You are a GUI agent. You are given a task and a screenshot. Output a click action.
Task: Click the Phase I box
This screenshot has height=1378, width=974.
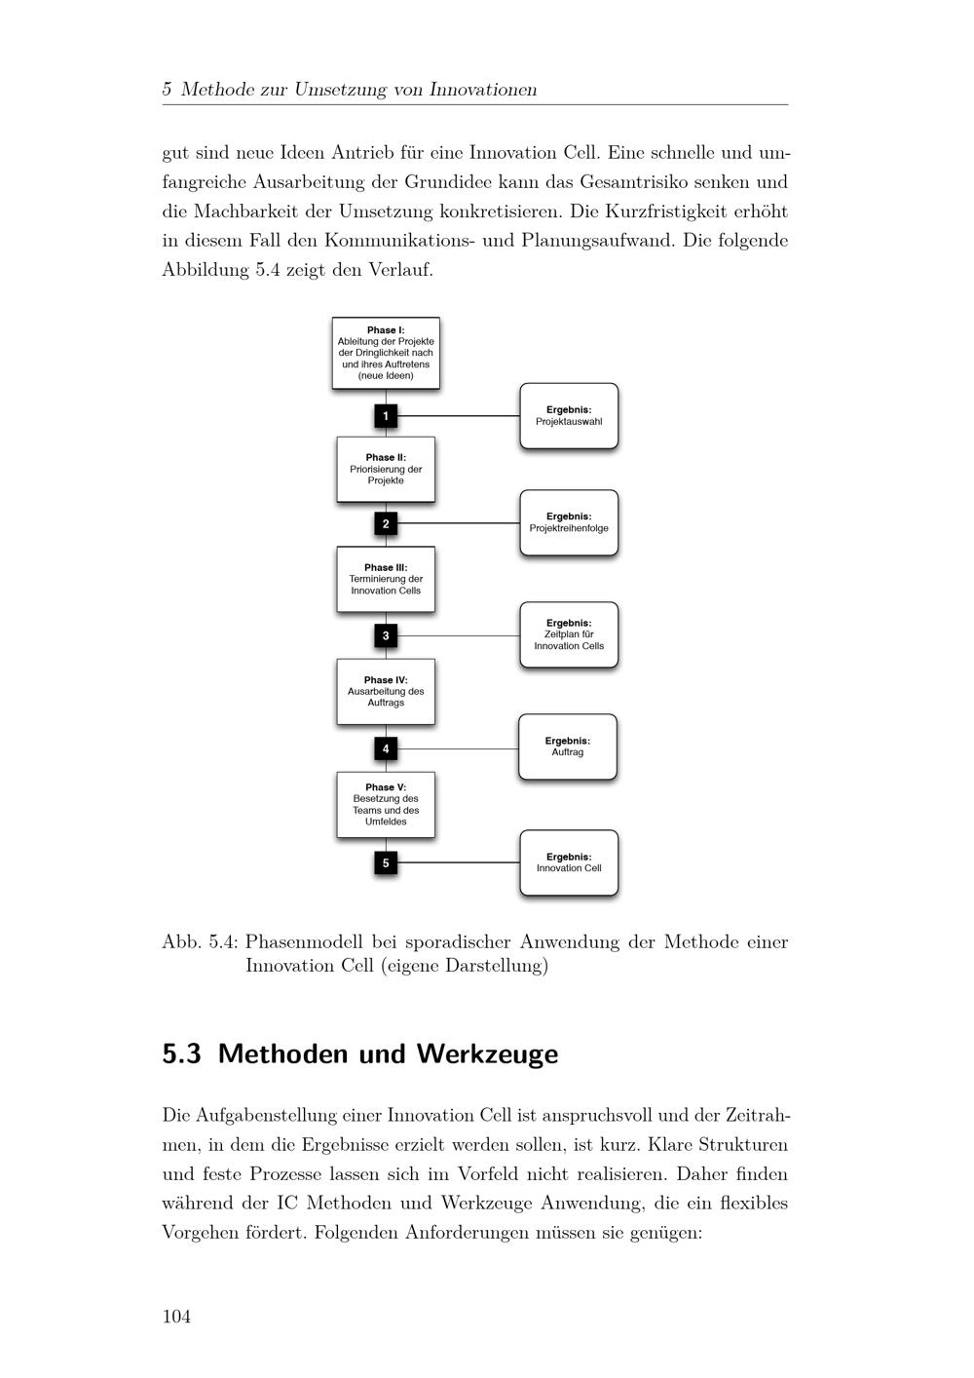[386, 353]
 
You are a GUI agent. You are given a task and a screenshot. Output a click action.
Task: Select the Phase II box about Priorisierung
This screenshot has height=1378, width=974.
[386, 469]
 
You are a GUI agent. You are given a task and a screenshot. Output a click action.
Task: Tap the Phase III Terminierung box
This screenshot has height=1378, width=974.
[386, 579]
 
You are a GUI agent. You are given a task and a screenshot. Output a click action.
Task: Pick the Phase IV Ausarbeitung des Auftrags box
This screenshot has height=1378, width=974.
[386, 691]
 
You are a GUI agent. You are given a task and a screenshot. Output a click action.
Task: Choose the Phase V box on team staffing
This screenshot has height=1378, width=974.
[386, 804]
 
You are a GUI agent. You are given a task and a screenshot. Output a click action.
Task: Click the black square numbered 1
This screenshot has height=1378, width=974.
[386, 416]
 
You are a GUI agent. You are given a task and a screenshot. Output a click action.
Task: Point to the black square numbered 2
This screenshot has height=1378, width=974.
[386, 523]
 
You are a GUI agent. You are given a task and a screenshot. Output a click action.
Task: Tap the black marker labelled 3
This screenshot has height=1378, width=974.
[386, 636]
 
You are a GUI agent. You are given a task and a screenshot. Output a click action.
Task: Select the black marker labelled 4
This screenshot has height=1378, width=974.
[386, 748]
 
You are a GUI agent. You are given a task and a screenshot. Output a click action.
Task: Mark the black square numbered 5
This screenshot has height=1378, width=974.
[386, 862]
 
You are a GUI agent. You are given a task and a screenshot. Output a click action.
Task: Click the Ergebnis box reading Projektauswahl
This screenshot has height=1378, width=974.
[569, 416]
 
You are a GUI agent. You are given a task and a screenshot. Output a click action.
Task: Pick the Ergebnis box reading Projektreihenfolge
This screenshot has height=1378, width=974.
[569, 522]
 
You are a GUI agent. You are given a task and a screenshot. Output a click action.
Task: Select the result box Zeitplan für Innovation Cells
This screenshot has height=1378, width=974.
[569, 634]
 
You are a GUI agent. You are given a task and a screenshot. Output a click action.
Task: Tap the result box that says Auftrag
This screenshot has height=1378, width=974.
[568, 746]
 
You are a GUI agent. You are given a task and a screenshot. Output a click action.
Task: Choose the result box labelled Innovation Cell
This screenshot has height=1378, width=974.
[569, 862]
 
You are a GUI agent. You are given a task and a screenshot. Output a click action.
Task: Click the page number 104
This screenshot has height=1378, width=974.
[176, 1317]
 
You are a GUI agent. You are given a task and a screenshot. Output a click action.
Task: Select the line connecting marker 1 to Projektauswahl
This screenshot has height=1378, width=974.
[458, 416]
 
